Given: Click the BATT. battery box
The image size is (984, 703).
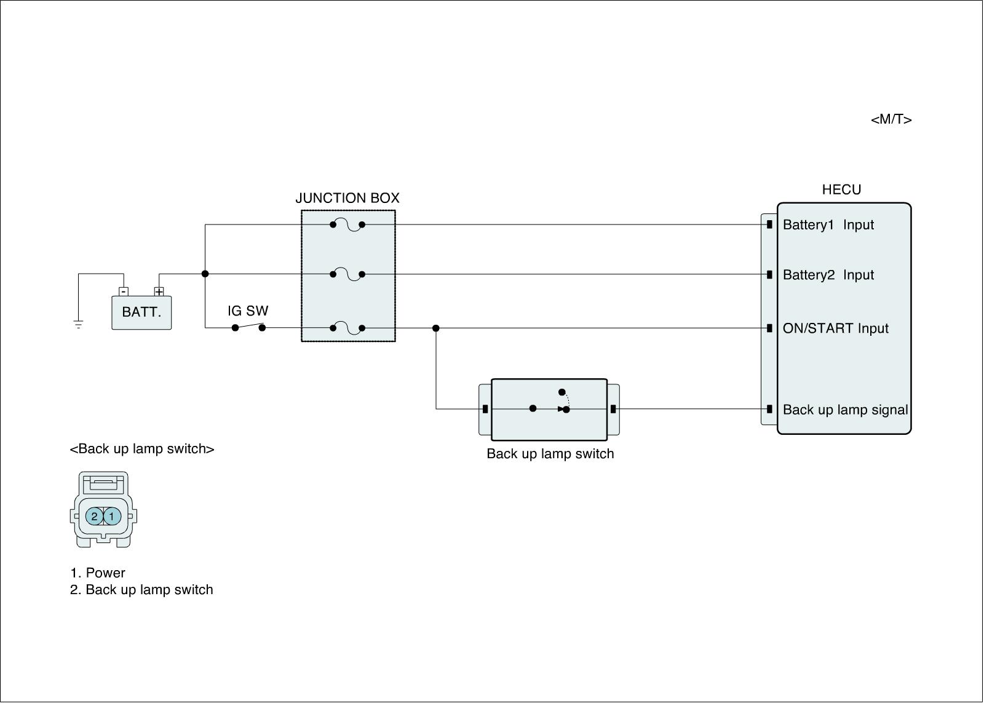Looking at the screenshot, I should pyautogui.click(x=141, y=312).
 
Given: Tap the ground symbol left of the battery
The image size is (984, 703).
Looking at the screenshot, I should pyautogui.click(x=78, y=324).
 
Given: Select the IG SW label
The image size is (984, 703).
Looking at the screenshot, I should pyautogui.click(x=248, y=311).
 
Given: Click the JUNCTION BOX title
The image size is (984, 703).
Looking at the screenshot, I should pyautogui.click(x=347, y=198).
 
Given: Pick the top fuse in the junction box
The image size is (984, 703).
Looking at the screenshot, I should pyautogui.click(x=347, y=225).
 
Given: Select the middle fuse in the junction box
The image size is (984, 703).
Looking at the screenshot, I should pyautogui.click(x=347, y=274).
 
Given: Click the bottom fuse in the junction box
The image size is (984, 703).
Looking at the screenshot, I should pyautogui.click(x=347, y=328).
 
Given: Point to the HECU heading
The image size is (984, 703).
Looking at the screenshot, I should pyautogui.click(x=841, y=189).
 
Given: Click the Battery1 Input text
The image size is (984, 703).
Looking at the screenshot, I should pyautogui.click(x=828, y=225).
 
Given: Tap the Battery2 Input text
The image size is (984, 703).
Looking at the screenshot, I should pyautogui.click(x=828, y=275).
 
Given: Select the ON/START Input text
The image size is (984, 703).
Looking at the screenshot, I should pyautogui.click(x=835, y=328).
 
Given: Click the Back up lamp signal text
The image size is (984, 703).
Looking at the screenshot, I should pyautogui.click(x=845, y=410).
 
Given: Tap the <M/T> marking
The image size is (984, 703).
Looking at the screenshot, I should pyautogui.click(x=891, y=119).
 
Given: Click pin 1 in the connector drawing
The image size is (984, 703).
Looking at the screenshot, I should pyautogui.click(x=112, y=516).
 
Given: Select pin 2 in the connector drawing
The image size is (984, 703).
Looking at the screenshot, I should pyautogui.click(x=94, y=516).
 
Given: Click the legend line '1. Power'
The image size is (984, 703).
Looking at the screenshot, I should pyautogui.click(x=98, y=573).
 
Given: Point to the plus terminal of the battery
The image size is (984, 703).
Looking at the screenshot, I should pyautogui.click(x=159, y=292).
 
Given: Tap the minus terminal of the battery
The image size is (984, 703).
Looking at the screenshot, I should pyautogui.click(x=124, y=292).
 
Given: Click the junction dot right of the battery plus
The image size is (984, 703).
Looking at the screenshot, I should pyautogui.click(x=205, y=274).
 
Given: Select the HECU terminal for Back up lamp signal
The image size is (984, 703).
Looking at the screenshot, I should pyautogui.click(x=769, y=409).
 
